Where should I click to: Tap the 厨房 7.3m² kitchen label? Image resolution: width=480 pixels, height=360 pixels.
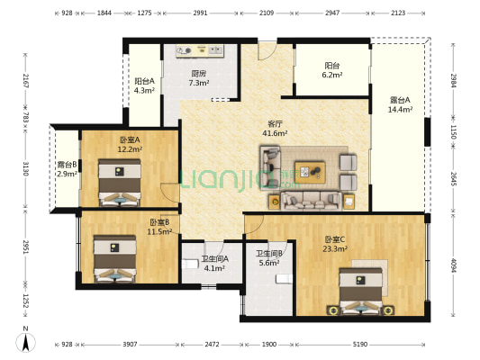point(199,78)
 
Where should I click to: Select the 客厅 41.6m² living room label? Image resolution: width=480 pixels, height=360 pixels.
point(275,129)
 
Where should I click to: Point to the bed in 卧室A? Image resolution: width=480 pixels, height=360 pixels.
point(120,183)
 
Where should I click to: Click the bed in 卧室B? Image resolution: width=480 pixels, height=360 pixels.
point(114,259)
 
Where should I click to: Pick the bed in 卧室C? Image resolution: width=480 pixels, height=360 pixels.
point(360,292)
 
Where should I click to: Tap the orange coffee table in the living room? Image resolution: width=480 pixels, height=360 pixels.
point(310,172)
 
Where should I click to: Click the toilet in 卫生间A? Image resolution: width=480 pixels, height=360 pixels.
point(190,264)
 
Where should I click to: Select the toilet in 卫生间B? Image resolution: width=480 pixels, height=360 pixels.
point(284,279)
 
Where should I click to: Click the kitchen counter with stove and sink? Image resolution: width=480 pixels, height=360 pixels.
point(200,50)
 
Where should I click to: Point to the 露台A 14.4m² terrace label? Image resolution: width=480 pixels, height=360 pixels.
point(400,104)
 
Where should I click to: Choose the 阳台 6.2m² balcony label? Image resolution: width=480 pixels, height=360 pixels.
point(331,70)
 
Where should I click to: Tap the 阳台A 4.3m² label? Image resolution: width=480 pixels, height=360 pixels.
point(144,85)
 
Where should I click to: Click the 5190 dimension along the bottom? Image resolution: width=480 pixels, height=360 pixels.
point(359,345)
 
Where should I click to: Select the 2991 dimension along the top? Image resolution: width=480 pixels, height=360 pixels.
point(200,13)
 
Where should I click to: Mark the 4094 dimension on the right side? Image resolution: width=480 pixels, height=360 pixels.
point(454,265)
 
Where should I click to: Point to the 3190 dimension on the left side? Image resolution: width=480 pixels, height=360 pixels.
point(25,169)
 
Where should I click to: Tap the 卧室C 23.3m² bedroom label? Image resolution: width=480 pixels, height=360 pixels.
point(335,244)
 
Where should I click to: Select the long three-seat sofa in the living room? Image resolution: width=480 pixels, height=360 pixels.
point(312,202)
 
